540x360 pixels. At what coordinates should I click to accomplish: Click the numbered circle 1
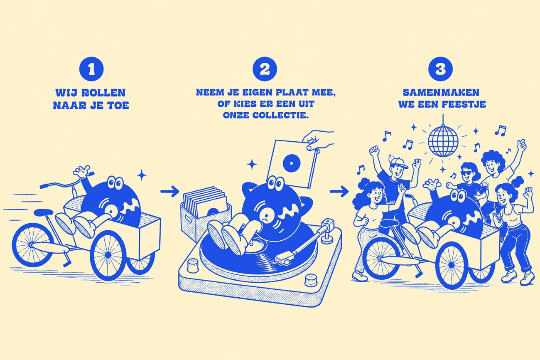91,69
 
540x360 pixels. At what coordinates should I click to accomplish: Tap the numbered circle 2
265,69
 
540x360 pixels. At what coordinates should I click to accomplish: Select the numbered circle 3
440,69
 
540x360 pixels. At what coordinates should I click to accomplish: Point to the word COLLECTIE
281,115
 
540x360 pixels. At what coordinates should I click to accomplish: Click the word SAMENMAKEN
441,92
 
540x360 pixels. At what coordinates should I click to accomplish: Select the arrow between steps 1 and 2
170,191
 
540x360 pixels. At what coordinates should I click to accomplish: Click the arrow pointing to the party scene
339,191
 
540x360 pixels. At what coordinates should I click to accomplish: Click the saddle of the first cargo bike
44,212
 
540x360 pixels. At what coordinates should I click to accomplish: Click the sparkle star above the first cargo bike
142,175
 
